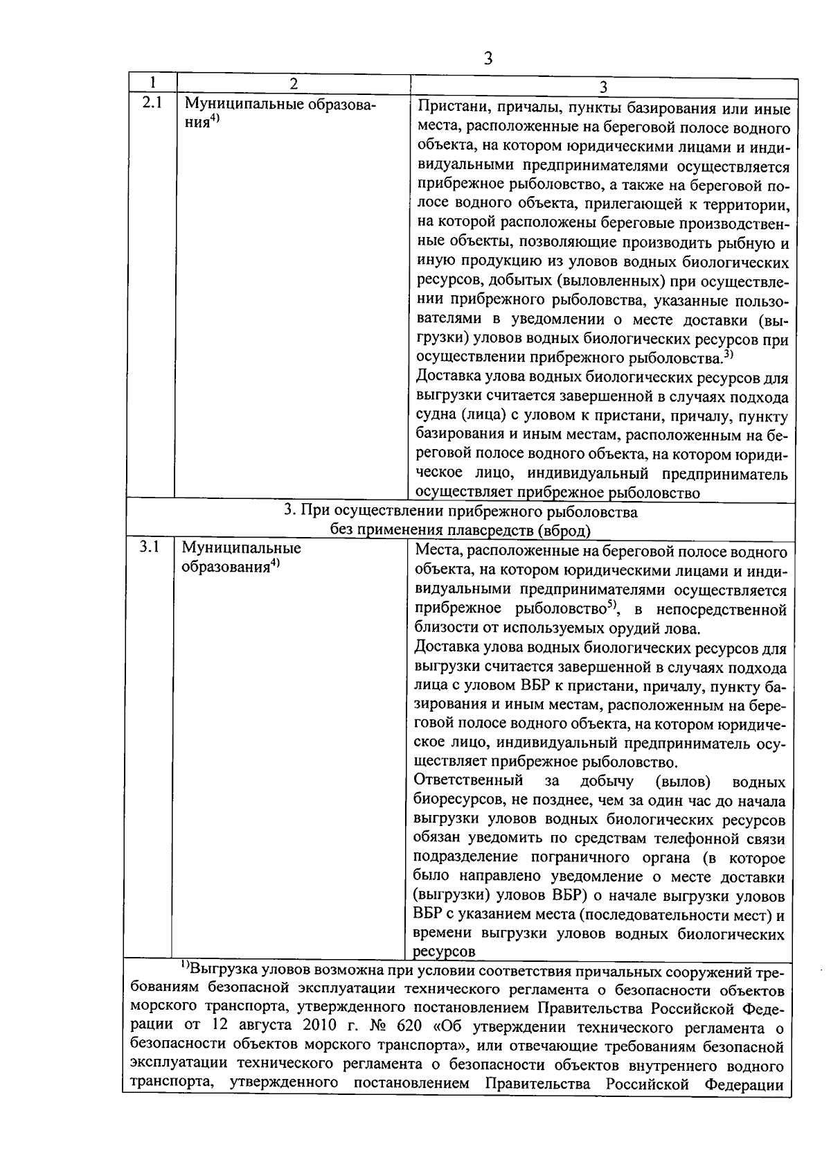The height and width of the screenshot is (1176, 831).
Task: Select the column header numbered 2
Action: click(294, 83)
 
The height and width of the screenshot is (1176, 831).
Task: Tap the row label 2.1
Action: click(151, 104)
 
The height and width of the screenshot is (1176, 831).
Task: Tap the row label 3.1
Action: click(149, 547)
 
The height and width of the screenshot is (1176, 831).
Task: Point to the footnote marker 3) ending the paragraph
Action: click(728, 355)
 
